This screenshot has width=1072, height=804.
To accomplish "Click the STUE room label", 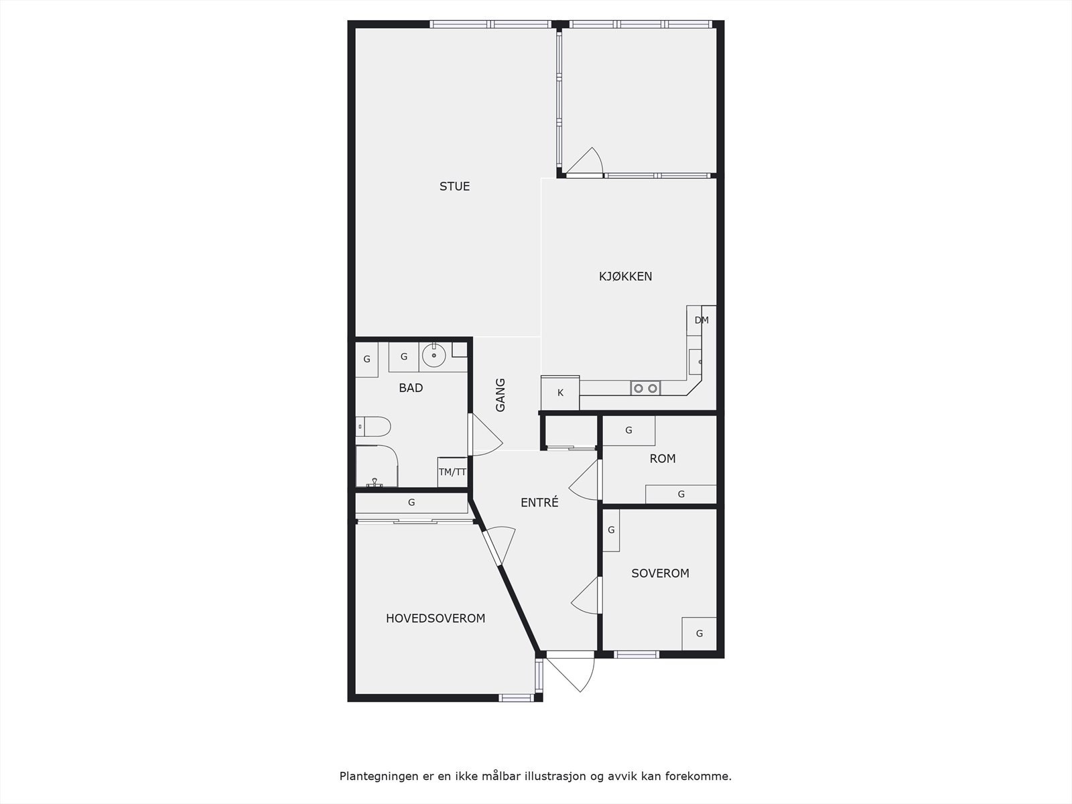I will click(454, 186).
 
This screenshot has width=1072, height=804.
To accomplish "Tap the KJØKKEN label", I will click(625, 276).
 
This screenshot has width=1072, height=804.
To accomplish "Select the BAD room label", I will click(411, 388).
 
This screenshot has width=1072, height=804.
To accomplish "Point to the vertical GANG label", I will click(500, 395).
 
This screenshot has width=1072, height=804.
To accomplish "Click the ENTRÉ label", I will click(539, 503).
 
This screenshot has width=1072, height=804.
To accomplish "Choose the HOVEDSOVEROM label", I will click(435, 618).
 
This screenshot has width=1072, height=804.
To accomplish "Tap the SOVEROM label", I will click(660, 574).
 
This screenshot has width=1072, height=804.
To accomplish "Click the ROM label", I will click(663, 459).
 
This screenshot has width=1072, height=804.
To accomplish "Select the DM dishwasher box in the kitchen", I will click(701, 320).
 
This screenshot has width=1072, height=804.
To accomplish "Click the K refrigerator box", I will click(560, 393).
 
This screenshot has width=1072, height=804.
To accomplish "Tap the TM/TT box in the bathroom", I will click(452, 472).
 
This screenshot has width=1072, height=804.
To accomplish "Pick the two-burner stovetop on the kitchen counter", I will click(645, 388).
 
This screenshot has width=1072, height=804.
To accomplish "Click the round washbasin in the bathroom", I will click(434, 355).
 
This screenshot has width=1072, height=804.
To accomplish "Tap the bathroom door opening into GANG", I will click(486, 436).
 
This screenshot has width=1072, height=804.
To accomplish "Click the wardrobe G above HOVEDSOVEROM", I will click(411, 503).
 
